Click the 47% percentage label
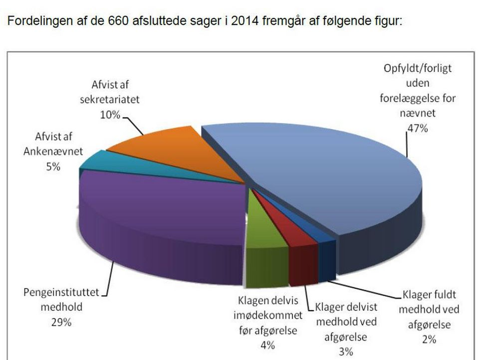click(417, 128)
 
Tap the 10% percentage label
click(110, 115)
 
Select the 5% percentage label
click(53, 167)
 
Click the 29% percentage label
click(60, 322)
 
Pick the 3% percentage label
click(346, 352)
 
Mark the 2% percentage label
click(429, 340)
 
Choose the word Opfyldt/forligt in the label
click(417, 68)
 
